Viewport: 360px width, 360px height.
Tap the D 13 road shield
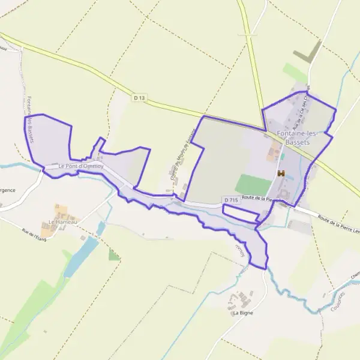140,97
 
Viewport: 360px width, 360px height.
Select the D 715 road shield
231,199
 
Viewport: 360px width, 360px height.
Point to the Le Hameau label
63,222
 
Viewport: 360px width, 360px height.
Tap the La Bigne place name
243,313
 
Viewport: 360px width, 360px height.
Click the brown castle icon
281,173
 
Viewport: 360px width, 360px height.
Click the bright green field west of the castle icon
253,185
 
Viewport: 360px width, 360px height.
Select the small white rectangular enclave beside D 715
240,211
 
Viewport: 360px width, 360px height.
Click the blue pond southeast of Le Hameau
81,256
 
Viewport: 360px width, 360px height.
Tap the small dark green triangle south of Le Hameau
114,255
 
